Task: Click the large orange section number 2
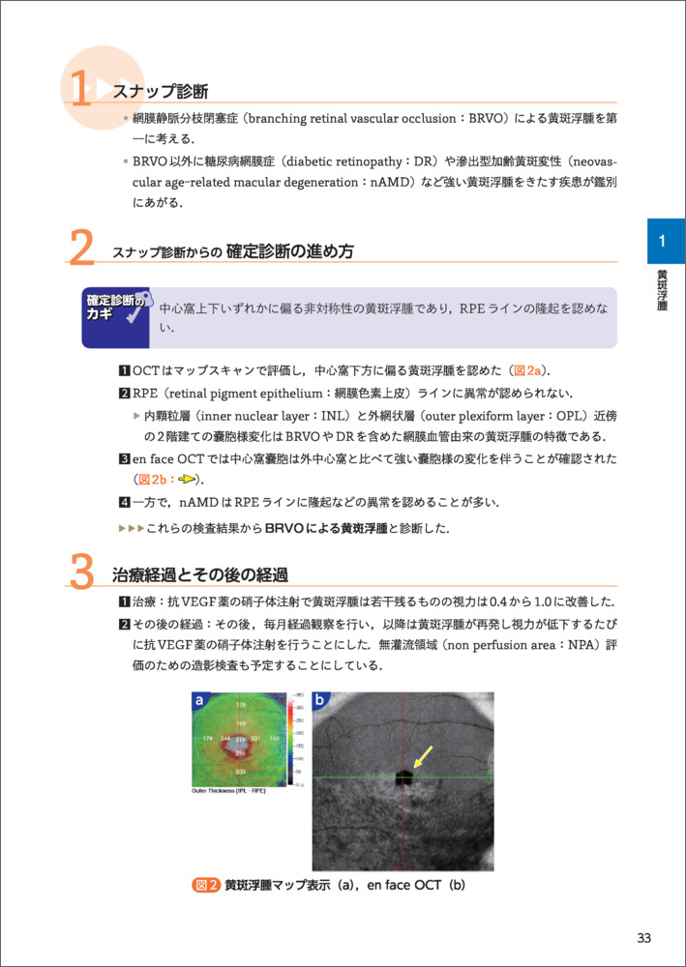click(x=82, y=249)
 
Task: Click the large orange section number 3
click(x=82, y=572)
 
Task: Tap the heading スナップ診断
click(x=160, y=92)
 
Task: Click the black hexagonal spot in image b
click(x=404, y=777)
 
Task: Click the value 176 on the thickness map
click(x=242, y=704)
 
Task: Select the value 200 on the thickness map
click(x=241, y=772)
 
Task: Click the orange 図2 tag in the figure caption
click(x=206, y=884)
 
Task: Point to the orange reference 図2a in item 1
click(x=530, y=370)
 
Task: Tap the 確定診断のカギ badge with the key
click(x=116, y=316)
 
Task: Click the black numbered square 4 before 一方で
click(x=124, y=502)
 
